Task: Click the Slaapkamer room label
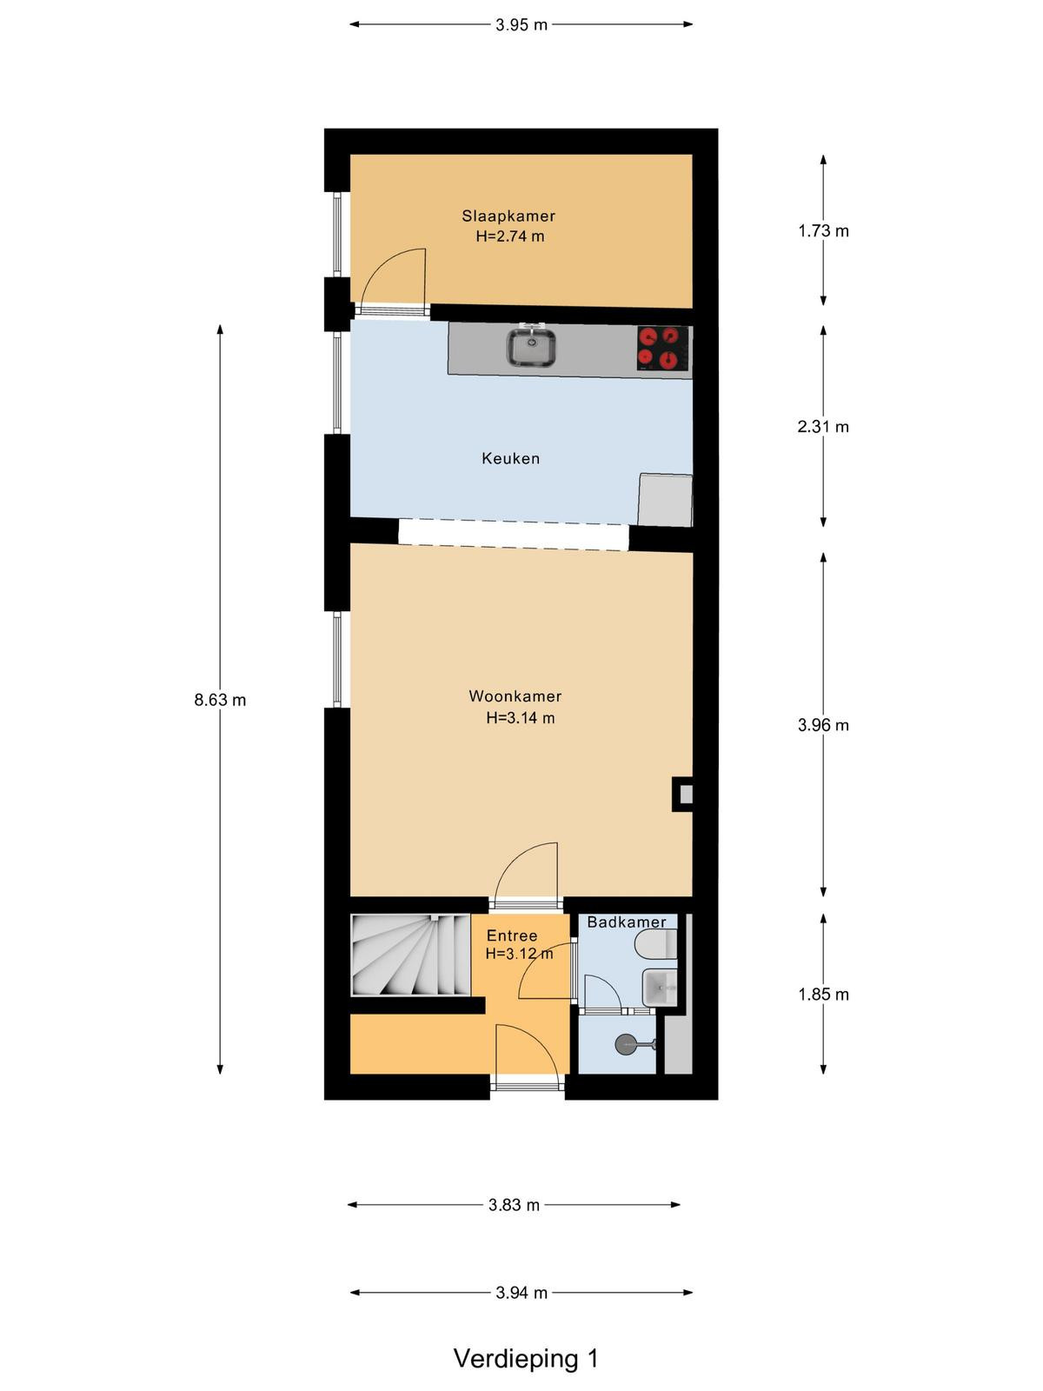coord(508,216)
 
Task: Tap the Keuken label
coord(510,458)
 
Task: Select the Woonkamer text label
coord(515,696)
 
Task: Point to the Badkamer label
coord(627,922)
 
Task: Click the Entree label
coord(512,935)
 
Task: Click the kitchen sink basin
coord(531,348)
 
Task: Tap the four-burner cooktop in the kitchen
coord(662,348)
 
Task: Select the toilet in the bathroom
coord(656,945)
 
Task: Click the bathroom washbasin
coord(660,987)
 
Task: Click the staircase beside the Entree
coord(410,955)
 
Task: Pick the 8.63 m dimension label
coord(220,700)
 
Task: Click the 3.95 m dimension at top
coord(521,25)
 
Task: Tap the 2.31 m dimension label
coord(822,427)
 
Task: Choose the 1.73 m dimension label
coord(823,231)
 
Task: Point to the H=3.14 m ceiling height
coord(521,718)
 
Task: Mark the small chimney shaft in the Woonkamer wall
coord(682,794)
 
